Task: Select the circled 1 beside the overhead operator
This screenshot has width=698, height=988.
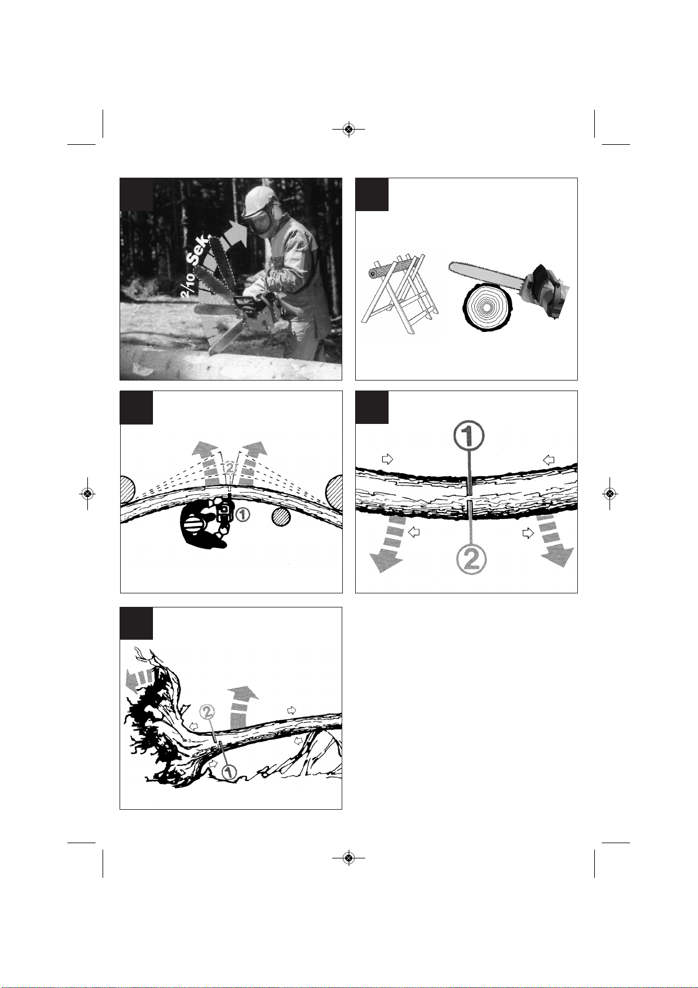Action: pyautogui.click(x=243, y=514)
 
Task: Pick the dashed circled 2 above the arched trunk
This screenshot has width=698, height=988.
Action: pyautogui.click(x=229, y=468)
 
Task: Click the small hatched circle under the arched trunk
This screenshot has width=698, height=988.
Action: pyautogui.click(x=281, y=517)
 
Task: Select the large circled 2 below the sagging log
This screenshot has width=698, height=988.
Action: pyautogui.click(x=470, y=560)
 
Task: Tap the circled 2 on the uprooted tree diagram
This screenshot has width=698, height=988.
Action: pyautogui.click(x=207, y=711)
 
